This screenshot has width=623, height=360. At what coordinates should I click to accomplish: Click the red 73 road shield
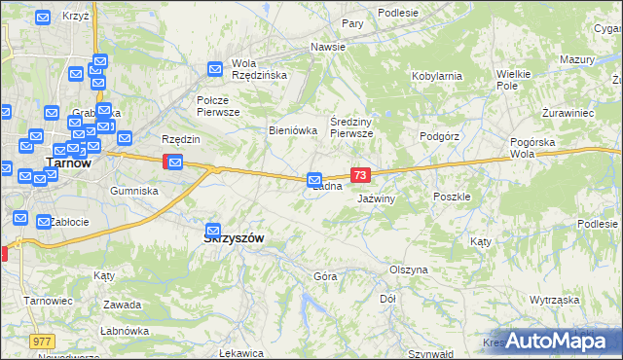tap(361, 175)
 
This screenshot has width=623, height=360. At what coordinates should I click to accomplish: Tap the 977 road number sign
tap(42, 342)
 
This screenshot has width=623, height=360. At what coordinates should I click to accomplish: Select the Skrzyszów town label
tap(234, 238)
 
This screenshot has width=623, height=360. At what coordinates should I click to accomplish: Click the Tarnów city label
tap(69, 163)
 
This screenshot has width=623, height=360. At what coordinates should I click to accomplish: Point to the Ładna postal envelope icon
tap(314, 179)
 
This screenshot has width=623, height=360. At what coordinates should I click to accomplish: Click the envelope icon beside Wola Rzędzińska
tap(215, 69)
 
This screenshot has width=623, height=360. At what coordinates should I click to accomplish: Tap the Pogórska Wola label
tap(535, 148)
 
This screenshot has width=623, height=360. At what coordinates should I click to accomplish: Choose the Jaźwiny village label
tap(376, 198)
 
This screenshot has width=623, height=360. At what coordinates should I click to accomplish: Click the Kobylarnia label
tap(436, 75)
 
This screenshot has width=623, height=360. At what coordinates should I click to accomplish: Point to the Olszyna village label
tap(409, 270)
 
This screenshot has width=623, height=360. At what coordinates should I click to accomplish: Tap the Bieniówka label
tap(293, 129)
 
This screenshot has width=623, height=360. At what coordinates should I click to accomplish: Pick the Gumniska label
tap(134, 191)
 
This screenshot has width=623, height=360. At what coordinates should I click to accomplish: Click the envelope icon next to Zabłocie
tap(44, 222)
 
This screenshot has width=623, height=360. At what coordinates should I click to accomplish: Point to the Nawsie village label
tap(328, 47)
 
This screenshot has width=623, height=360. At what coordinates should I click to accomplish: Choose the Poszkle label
tap(452, 196)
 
